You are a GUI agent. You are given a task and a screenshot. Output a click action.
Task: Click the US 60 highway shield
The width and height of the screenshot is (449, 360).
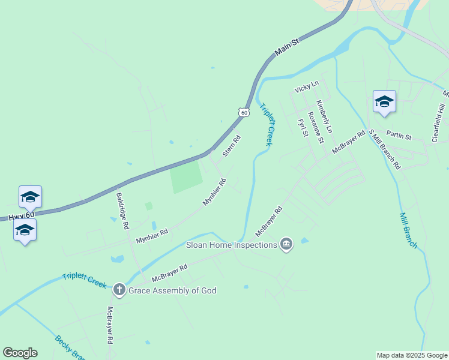tap(243, 112)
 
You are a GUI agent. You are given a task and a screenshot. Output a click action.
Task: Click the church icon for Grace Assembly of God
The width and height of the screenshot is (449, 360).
tap(119, 290)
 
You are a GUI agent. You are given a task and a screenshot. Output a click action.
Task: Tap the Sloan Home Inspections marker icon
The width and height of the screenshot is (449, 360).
tap(286, 244)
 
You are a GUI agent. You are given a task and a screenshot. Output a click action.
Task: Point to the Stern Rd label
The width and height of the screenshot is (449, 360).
tap(231, 146)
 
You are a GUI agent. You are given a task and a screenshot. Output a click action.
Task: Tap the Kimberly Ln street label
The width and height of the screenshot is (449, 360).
tap(324, 116)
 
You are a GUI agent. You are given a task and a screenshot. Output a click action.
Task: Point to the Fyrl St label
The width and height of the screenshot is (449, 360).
tap(303, 127)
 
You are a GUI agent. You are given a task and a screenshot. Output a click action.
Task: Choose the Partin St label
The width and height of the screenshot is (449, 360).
tap(399, 136)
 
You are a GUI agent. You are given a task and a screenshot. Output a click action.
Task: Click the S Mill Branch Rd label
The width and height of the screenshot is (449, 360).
tap(384, 149)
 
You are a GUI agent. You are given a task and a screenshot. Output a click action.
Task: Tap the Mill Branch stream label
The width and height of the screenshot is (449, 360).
tap(408, 230)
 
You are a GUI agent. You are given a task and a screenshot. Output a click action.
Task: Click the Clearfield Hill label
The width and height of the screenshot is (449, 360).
tap(439, 122)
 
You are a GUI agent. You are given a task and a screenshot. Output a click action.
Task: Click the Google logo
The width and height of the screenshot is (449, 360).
tap(20, 353)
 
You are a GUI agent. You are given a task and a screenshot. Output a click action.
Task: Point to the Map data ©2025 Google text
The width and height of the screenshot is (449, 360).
tap(412, 355)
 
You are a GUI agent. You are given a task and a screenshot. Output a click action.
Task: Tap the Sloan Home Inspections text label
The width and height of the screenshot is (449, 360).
tap(232, 244)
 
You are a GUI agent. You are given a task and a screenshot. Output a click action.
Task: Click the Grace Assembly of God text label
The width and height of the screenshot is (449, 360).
tap(173, 290)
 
